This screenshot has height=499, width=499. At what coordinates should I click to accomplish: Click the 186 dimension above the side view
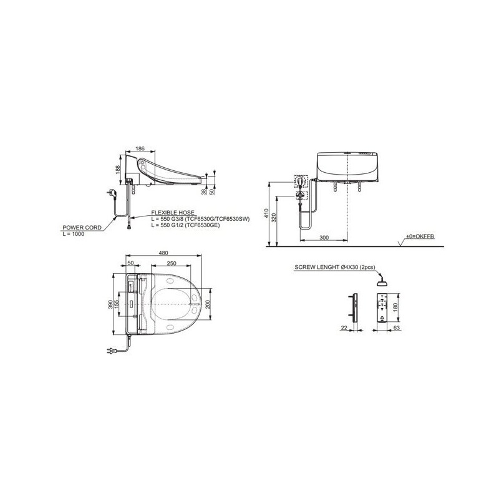pyautogui.click(x=140, y=148)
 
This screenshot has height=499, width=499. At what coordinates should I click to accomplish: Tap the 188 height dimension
pyautogui.click(x=118, y=170)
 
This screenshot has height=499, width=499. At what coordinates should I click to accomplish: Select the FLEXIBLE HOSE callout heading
pyautogui.click(x=173, y=213)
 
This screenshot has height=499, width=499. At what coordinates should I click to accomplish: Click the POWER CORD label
pyautogui.click(x=82, y=228)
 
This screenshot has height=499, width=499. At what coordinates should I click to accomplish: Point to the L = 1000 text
pyautogui.click(x=74, y=234)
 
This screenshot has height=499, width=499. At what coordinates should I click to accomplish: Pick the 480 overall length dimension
pyautogui.click(x=163, y=253)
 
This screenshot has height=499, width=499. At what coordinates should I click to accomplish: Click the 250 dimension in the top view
pyautogui.click(x=172, y=263)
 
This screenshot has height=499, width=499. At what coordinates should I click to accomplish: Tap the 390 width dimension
pyautogui.click(x=111, y=304)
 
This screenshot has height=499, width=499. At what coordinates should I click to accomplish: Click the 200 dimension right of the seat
pyautogui.click(x=208, y=304)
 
